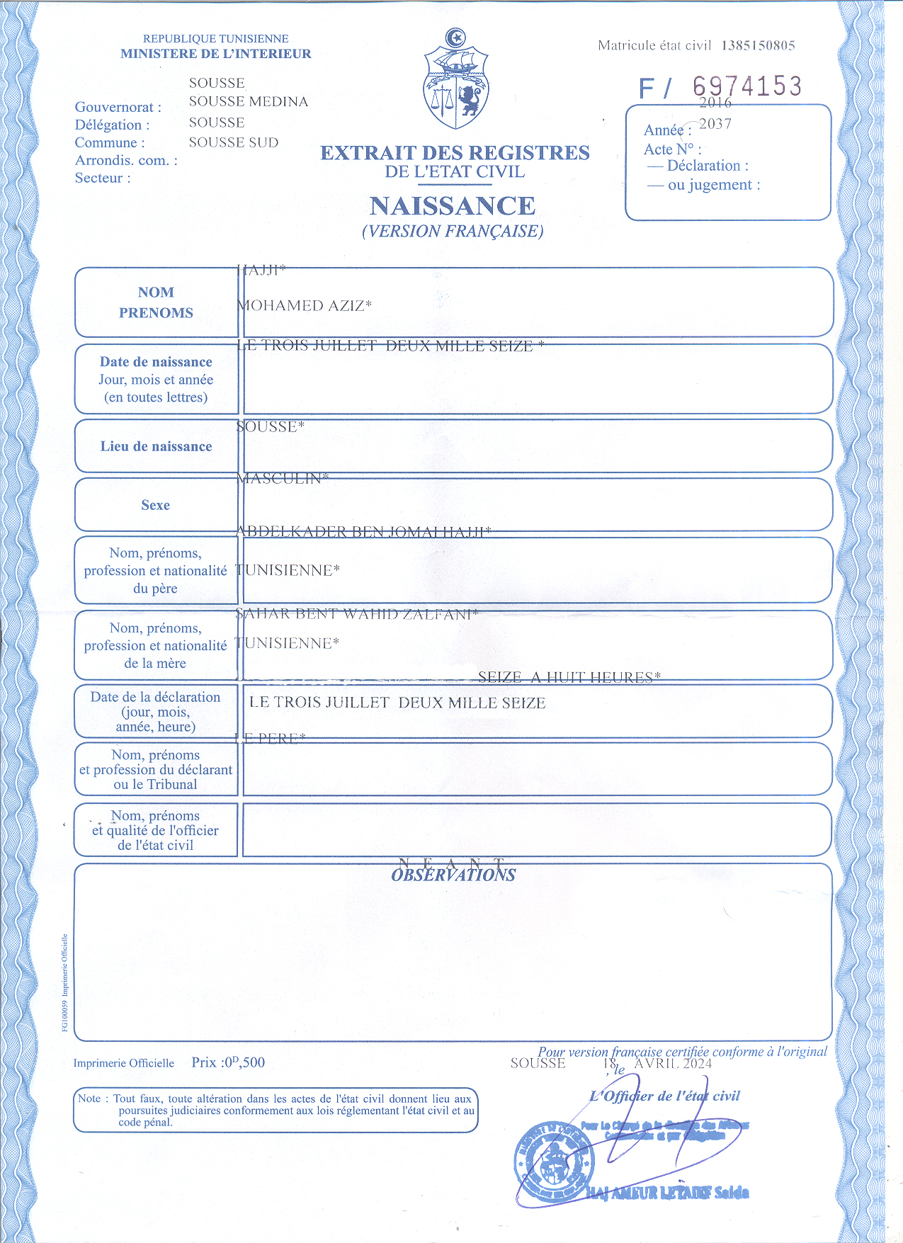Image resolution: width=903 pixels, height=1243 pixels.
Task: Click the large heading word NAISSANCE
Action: click(453, 206)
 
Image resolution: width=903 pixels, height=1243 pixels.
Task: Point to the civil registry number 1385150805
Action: click(758, 45)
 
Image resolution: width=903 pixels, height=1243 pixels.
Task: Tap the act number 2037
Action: click(715, 124)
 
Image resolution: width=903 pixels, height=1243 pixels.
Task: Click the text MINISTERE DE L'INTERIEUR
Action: click(215, 54)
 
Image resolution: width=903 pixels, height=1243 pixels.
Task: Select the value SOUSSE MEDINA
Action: click(249, 102)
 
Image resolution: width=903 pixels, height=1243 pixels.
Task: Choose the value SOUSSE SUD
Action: click(234, 142)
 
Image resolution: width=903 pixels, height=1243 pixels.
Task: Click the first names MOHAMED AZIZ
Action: click(304, 306)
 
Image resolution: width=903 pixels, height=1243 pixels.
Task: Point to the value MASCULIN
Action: click(282, 479)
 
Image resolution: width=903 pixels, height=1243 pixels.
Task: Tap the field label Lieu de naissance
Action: click(156, 447)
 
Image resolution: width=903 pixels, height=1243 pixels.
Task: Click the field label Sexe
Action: click(155, 505)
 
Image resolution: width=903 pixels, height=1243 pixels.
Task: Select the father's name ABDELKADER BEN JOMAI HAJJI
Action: click(363, 532)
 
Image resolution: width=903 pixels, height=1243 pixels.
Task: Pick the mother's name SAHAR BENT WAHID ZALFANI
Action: click(356, 614)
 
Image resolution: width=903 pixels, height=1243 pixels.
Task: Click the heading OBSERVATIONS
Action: click(453, 875)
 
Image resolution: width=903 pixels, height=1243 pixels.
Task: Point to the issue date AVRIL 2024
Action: click(673, 1063)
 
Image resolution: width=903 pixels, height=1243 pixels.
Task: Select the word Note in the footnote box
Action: click(89, 1099)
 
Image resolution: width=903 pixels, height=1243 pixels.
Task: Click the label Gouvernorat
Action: click(118, 107)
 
